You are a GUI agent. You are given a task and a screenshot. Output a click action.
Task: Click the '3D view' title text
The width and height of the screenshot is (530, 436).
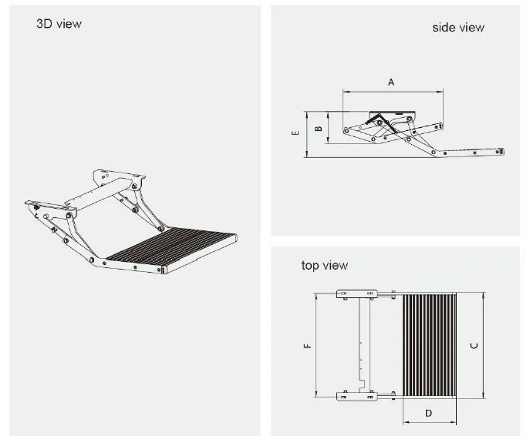[x=59, y=24]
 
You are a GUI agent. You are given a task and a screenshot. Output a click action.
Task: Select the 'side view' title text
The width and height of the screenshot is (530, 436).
[x=457, y=28]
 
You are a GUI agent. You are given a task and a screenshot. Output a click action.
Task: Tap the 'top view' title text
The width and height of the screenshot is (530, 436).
[x=325, y=266]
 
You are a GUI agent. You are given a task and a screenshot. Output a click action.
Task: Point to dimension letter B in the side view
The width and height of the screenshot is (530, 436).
[x=319, y=128]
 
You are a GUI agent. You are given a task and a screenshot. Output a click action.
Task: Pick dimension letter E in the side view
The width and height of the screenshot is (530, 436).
[x=295, y=133]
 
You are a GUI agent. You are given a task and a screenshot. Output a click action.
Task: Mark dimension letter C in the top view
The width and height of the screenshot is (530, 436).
[x=474, y=346]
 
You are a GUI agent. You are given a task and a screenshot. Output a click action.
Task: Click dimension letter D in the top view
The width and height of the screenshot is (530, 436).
[x=429, y=414]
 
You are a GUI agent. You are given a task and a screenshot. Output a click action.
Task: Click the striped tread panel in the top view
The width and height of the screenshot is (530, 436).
[x=429, y=344]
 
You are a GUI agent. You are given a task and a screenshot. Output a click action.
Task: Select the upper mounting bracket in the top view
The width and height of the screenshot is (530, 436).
[x=356, y=293]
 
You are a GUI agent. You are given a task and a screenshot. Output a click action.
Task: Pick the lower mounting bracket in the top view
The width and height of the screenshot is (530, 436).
[x=356, y=396]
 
